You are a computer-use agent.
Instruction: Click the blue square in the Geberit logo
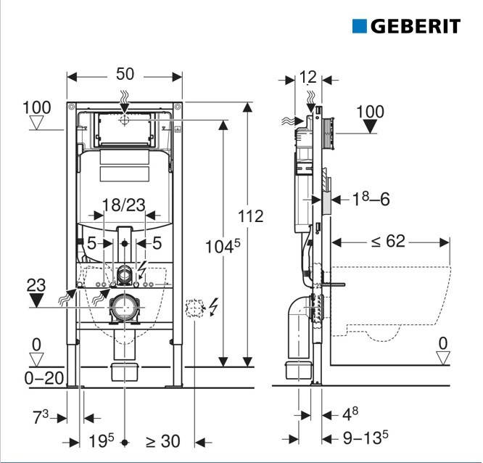coord(360,26)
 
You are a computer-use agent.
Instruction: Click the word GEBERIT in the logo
coord(416,27)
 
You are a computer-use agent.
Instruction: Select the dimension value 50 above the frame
coord(125,74)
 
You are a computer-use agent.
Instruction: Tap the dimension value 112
coord(249,216)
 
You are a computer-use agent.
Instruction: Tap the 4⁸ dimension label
coord(350,414)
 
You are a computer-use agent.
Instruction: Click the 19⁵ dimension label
coord(102,440)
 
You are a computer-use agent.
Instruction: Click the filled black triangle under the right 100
coord(371,126)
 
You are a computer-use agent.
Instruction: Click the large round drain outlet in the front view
coord(125,309)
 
